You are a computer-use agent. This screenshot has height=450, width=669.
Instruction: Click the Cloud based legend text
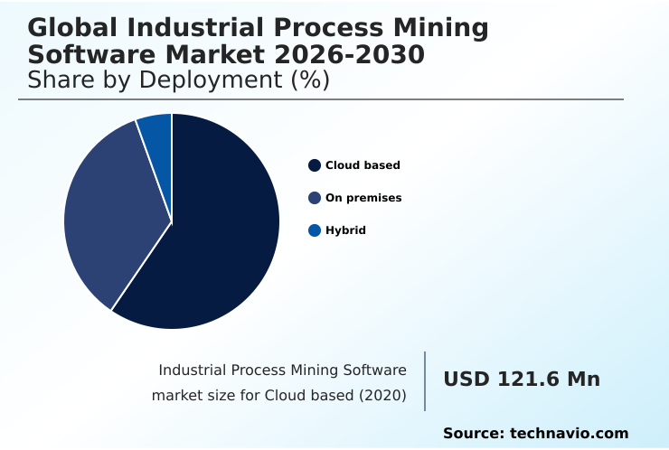coord(363,165)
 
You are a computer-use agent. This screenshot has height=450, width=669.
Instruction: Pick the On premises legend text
coord(363,198)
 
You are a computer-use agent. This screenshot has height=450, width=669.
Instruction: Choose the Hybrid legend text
coord(345,230)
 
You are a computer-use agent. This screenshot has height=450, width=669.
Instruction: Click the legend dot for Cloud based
coord(315,165)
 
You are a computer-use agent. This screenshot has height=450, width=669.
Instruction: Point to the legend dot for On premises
coord(315,198)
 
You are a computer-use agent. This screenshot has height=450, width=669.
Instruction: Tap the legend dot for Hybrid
coord(315,230)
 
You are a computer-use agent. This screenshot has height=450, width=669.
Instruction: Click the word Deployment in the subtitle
coord(210,80)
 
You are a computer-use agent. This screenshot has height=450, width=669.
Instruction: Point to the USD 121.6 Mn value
coord(522,380)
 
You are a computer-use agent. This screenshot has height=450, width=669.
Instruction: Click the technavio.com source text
coord(569,434)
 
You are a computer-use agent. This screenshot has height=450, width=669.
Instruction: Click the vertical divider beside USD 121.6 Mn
coord(425,381)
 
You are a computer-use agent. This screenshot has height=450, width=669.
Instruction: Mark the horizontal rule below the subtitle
coord(321,99)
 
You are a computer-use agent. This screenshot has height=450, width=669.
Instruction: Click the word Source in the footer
coord(473,434)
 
